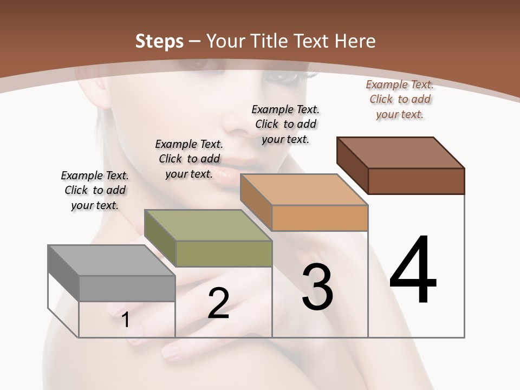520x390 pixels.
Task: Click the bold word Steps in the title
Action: point(159,41)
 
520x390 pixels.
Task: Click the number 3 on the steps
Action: point(317,287)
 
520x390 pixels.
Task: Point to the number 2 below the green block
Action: point(218,303)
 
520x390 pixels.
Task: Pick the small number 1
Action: point(126,320)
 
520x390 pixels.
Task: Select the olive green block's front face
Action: point(224,253)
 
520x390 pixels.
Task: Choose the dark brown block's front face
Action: point(416,181)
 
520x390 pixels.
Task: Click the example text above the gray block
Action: point(95,190)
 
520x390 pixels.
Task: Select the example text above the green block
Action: point(189,159)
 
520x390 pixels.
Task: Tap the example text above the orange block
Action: point(285,124)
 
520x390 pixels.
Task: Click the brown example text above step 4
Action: point(400,99)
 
